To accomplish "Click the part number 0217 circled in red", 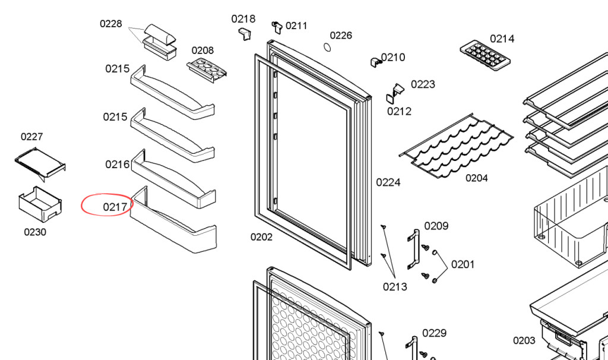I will pos(115,207).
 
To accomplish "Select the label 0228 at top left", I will pos(110,24).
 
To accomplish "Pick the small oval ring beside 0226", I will pos(327,47).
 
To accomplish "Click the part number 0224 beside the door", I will pos(388,182).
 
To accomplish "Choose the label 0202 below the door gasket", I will pos(261,237).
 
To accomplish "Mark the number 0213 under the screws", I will pos(395,287).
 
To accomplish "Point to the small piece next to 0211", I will pos(277,26).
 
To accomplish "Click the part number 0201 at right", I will pos(463,264).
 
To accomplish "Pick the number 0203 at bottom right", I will pos(524,340).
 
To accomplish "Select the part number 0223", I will pos(423,84).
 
